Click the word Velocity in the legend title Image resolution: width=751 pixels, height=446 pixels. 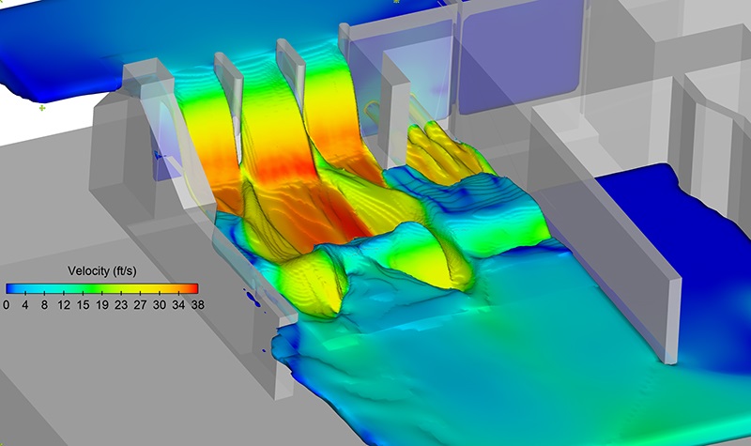click(x=88, y=271)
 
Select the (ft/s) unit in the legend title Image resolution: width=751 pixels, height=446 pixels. click(x=125, y=271)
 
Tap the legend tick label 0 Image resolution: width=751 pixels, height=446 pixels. click(x=7, y=304)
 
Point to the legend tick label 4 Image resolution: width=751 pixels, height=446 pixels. click(x=25, y=304)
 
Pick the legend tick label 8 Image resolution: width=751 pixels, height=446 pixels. click(x=44, y=304)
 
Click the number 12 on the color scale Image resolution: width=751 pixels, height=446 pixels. click(x=64, y=304)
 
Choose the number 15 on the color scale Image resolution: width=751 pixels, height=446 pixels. click(x=83, y=304)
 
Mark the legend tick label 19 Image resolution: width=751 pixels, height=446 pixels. click(x=102, y=304)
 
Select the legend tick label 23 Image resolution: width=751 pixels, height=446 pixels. click(x=121, y=304)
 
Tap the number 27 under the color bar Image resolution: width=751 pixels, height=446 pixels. click(x=140, y=304)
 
